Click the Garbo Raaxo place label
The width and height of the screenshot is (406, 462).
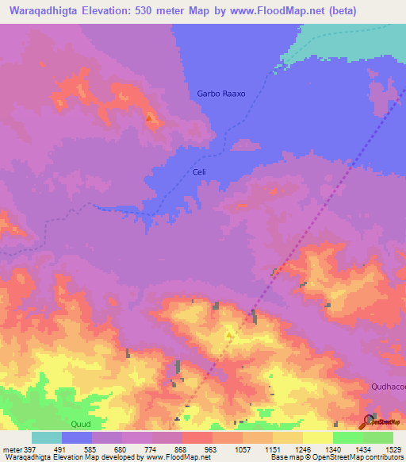221,94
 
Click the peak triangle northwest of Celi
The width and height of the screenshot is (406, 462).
149,117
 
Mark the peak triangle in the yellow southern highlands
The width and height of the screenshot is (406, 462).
229,335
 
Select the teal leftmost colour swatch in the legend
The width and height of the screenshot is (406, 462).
47,437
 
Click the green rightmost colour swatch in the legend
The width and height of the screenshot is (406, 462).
377,437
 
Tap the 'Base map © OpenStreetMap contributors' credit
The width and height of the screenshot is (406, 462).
335,457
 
